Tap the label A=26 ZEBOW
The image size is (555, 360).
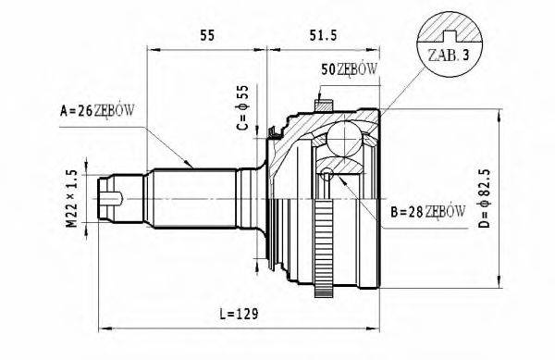click(x=97, y=111)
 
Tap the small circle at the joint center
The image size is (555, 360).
click(x=327, y=173)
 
